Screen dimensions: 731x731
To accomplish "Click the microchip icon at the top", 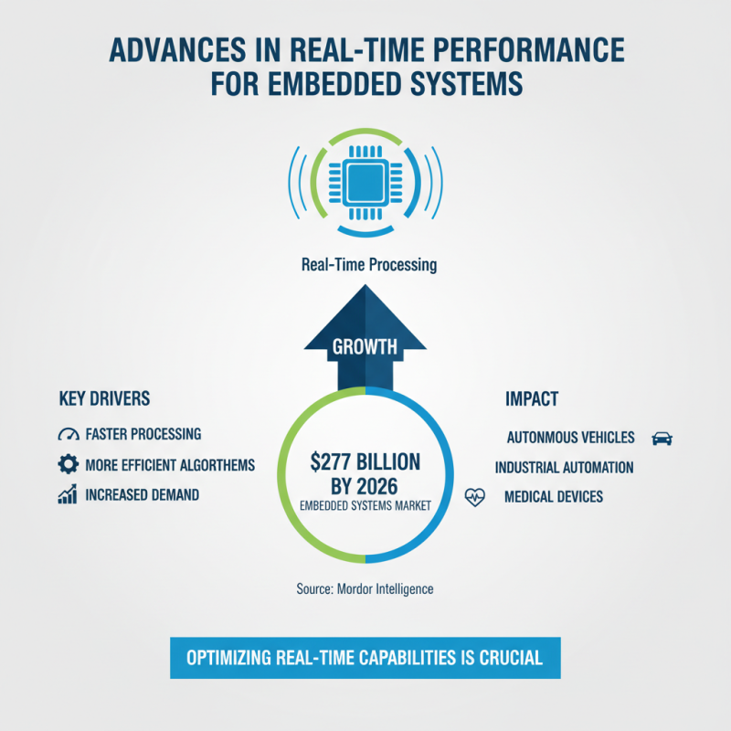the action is coord(365,183).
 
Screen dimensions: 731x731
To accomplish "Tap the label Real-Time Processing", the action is coord(369,265).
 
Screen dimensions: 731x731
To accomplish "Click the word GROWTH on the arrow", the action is coord(365,347).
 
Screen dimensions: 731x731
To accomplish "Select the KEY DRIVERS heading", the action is coord(104,398).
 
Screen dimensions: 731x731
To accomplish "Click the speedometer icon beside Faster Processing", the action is coord(69,434).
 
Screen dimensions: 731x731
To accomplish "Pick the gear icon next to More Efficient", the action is coord(68,464).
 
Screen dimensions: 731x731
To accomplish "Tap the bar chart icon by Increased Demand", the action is coord(68,494).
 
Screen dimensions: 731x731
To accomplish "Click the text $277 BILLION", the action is coord(365,462).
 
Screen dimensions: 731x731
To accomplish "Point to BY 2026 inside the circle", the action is coord(365,486).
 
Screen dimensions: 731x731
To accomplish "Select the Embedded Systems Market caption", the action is coord(365,506).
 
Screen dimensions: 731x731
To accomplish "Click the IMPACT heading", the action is coord(532,399).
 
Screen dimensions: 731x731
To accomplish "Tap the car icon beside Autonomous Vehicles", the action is coord(662,439).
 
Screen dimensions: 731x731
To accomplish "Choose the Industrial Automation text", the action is coord(564,467).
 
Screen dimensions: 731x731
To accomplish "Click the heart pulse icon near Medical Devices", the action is coord(475,497).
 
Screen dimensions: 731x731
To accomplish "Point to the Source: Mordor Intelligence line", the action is coord(365,589).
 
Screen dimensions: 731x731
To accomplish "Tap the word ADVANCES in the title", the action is coord(177,49).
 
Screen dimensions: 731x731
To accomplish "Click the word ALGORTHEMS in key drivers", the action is coord(217,465).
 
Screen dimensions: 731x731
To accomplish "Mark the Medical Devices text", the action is coord(554,496).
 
